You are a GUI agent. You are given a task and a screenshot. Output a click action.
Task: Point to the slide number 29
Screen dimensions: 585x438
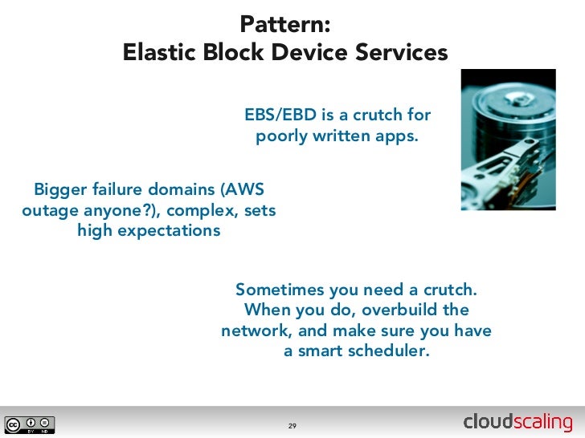click(x=292, y=425)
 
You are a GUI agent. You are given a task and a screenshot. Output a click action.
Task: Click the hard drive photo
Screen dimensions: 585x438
click(x=508, y=139)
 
